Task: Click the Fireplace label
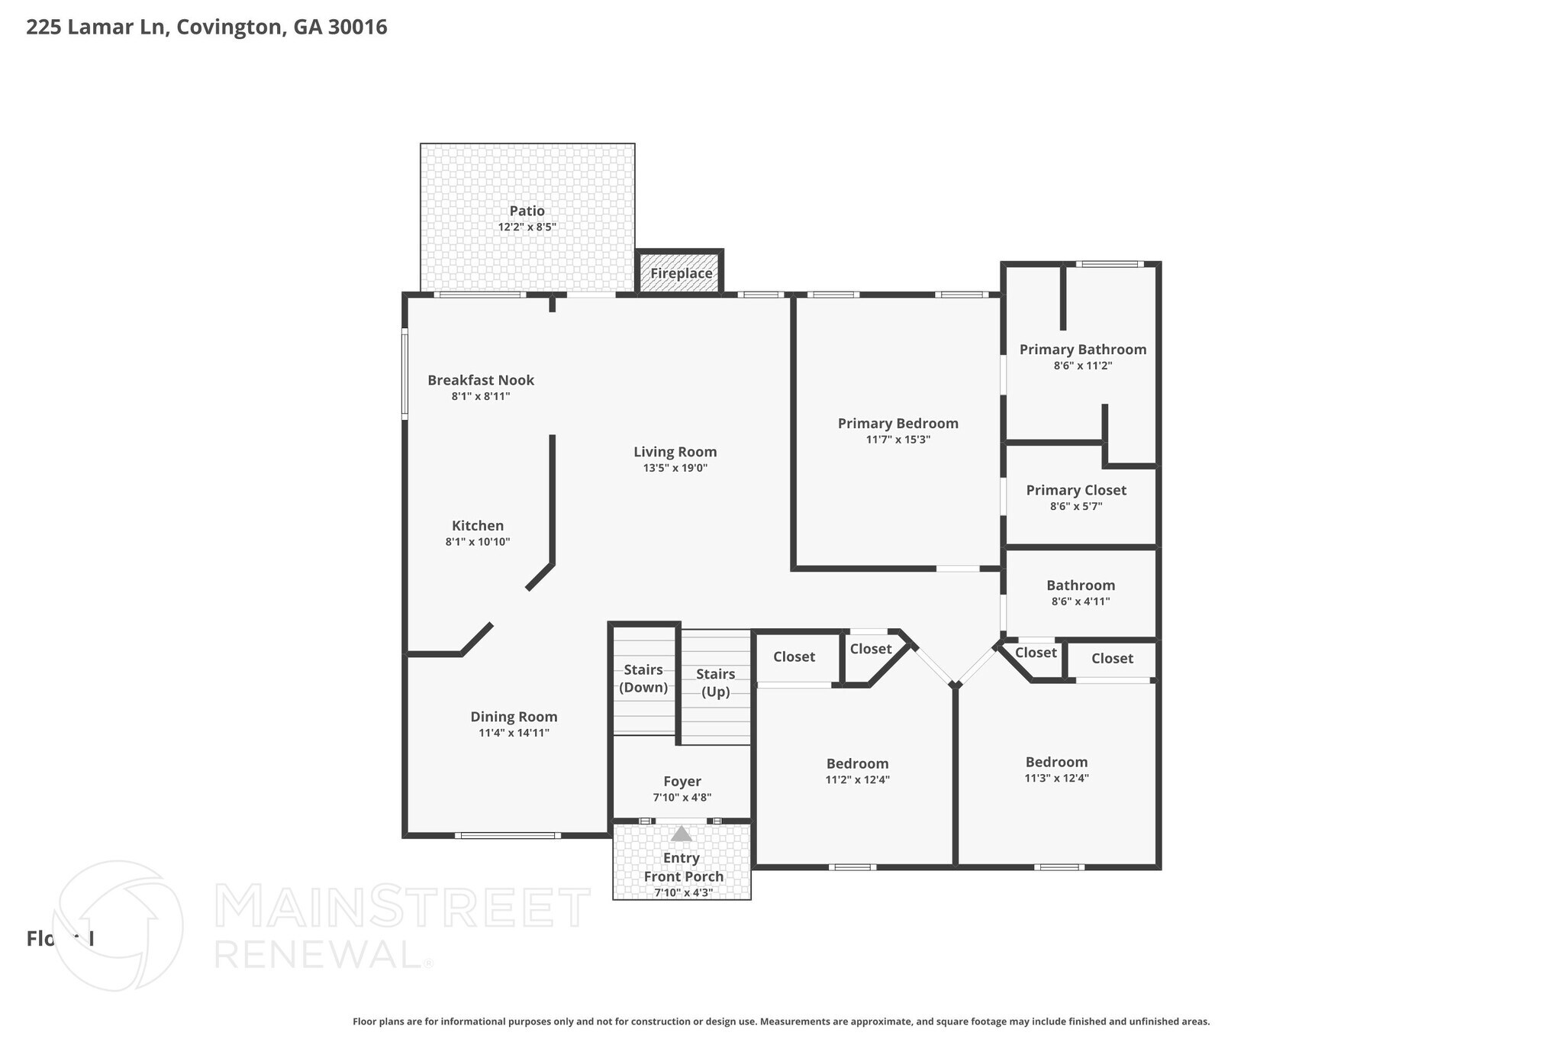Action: tap(681, 273)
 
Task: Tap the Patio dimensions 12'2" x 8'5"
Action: tap(527, 227)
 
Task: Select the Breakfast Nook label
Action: tap(480, 380)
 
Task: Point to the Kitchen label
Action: tap(478, 526)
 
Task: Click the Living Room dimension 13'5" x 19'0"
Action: tap(675, 469)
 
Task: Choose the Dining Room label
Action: tap(514, 717)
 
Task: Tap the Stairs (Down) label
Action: tap(643, 678)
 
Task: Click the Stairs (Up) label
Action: tap(715, 682)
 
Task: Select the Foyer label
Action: tap(682, 782)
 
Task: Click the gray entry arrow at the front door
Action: tap(681, 834)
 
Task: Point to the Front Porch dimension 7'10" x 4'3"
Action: tap(683, 892)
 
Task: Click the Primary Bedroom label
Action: tap(898, 424)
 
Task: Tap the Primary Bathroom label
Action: tap(1082, 350)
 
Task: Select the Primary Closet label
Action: tap(1075, 490)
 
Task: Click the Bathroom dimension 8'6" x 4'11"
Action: tap(1080, 602)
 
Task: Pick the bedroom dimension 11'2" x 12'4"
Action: tap(857, 780)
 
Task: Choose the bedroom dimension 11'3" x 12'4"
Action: tap(1056, 779)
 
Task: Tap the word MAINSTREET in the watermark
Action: tap(402, 907)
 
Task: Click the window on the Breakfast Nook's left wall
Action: tap(404, 373)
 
